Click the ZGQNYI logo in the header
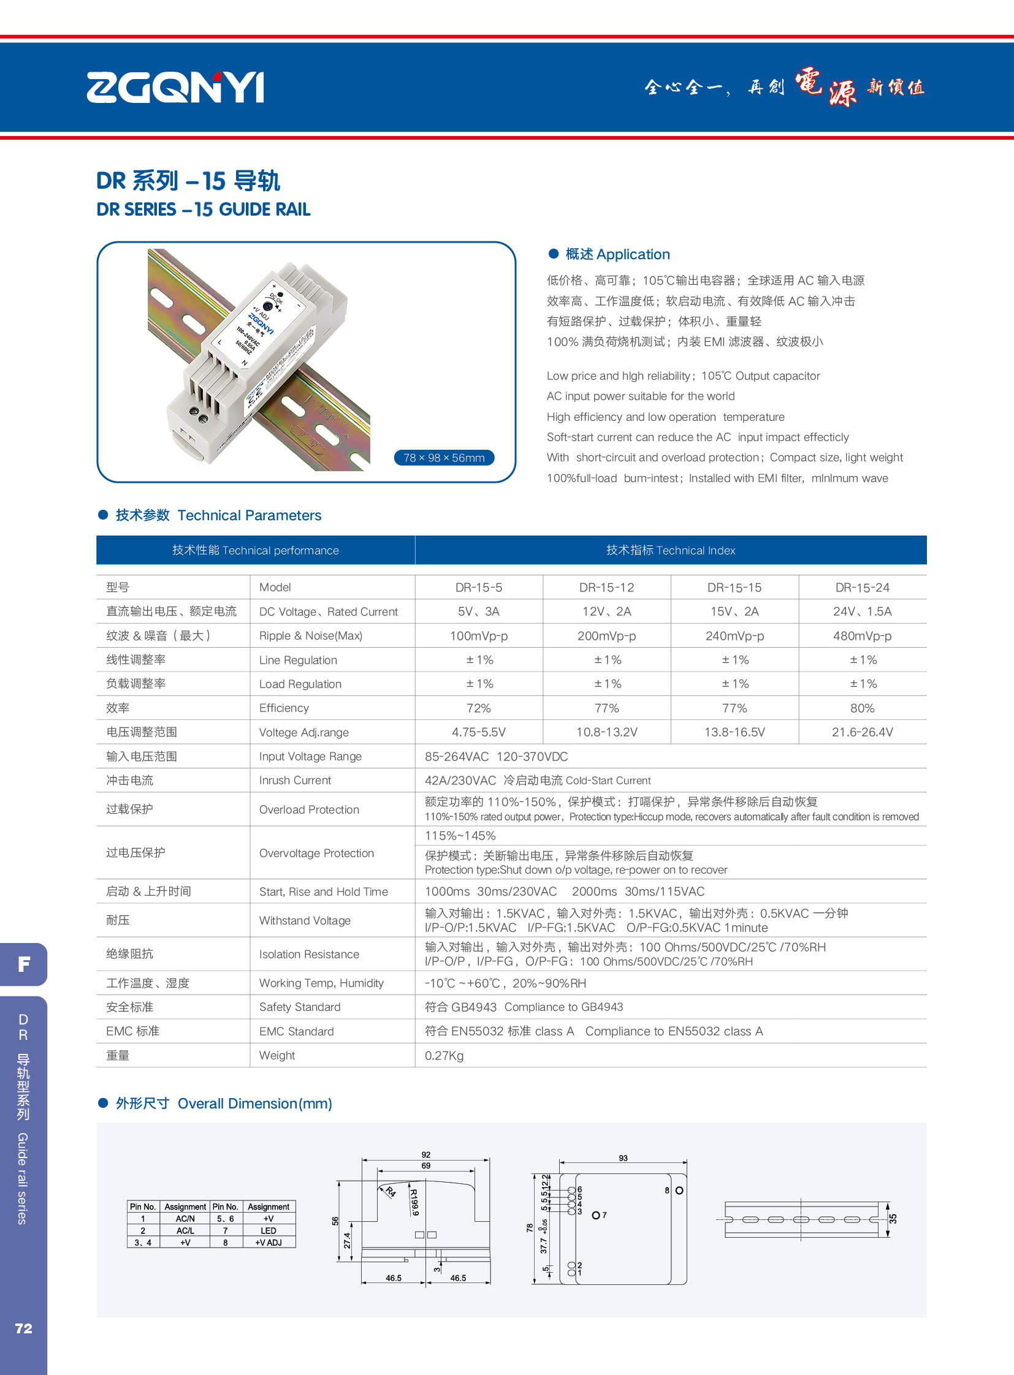175,87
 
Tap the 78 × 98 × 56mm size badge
444,458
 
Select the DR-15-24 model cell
862,587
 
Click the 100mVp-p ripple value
479,635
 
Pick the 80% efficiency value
862,708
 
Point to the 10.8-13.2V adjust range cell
606,732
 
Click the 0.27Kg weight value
444,1055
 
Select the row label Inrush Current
295,781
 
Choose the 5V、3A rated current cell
479,611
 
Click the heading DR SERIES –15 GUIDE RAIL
203,210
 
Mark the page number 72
23,1328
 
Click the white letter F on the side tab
24,964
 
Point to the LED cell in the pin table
269,1231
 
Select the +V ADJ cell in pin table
269,1243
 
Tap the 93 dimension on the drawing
623,1159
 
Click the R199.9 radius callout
414,1203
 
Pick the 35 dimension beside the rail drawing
893,1219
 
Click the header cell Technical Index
670,550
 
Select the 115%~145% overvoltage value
460,836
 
